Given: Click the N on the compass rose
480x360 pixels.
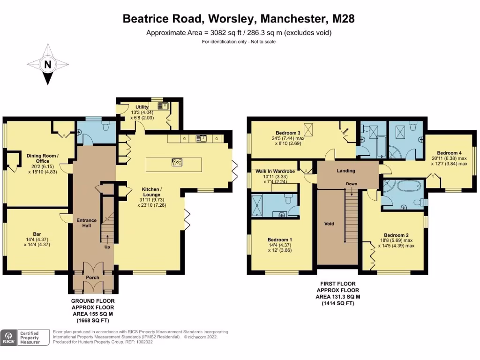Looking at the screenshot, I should [x=47, y=65].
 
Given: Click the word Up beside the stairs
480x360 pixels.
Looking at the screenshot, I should [x=107, y=247].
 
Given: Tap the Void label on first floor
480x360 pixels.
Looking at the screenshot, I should [x=330, y=224].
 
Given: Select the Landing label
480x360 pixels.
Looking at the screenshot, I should [x=346, y=171].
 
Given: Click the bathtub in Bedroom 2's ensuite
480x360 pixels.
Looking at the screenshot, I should [x=406, y=186].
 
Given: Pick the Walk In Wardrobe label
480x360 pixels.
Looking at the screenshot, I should [x=275, y=172].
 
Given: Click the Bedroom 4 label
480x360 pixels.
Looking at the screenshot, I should [x=449, y=153].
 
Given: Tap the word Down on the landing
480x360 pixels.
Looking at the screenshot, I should [x=352, y=183].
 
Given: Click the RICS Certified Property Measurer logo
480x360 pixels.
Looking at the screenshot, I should [x=25, y=337].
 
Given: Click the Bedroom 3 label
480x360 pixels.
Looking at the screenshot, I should [x=281, y=133].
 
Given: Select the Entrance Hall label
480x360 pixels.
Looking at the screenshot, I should [x=87, y=223].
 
